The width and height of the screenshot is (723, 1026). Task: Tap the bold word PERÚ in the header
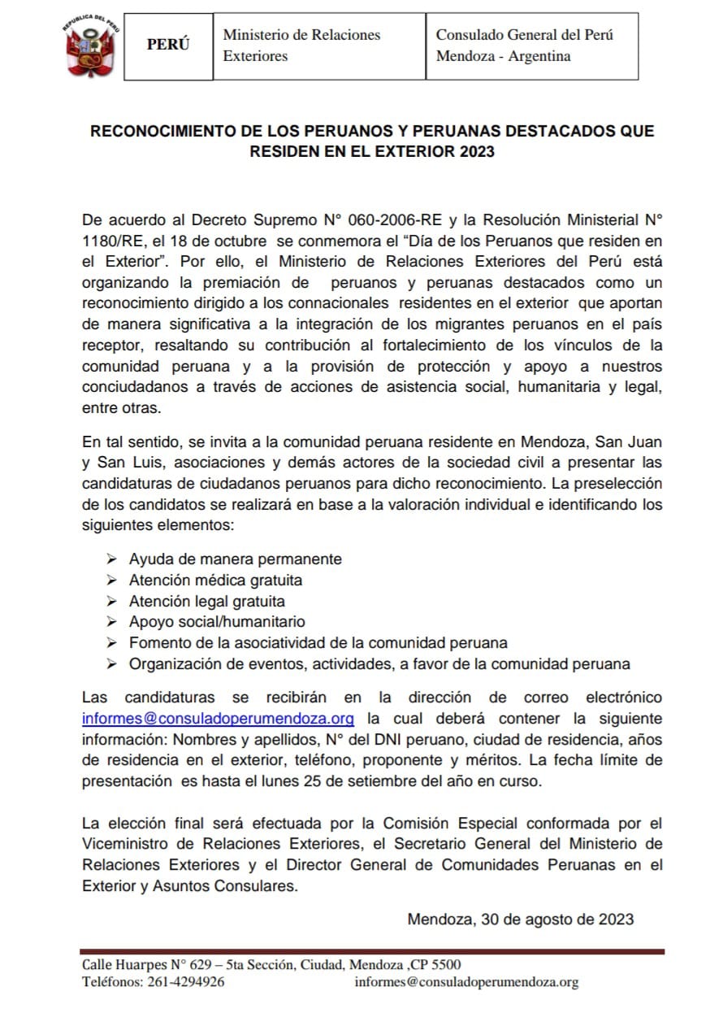coord(168,46)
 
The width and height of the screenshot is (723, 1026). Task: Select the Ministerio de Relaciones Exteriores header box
coord(318,46)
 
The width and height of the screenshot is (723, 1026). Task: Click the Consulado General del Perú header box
coord(531,46)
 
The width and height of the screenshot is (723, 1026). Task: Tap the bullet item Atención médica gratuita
coord(215,580)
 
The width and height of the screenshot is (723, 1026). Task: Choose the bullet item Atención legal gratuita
coord(206,602)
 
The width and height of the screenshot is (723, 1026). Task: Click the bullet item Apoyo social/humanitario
coord(217,622)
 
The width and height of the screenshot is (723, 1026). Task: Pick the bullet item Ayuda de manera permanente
coord(235,559)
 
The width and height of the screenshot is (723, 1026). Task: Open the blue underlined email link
coord(219,719)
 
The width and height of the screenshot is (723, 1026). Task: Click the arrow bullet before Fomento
coord(112,643)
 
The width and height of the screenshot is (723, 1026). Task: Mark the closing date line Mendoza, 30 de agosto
coord(520,919)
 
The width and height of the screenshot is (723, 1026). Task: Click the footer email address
coord(466,982)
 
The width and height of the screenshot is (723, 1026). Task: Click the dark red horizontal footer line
coord(372,951)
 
